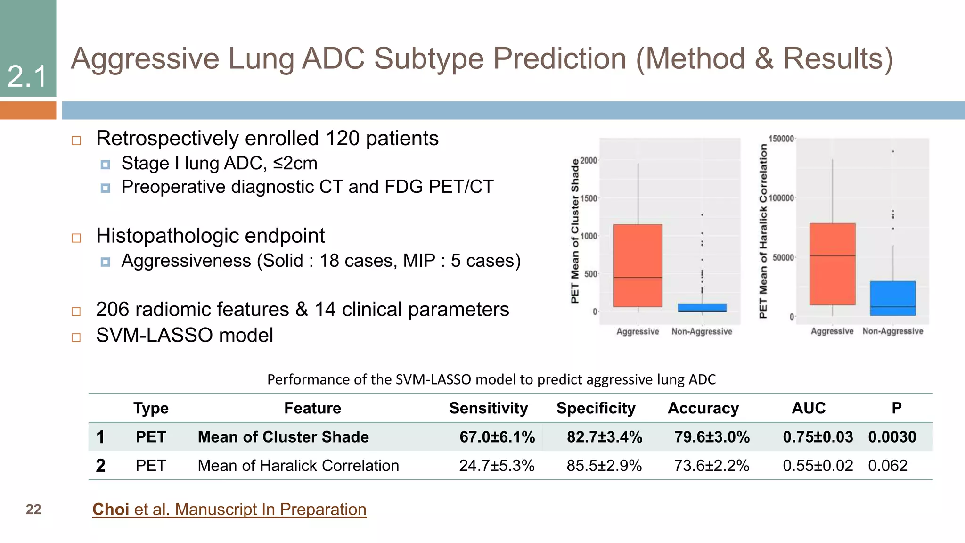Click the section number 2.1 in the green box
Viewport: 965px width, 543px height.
point(27,76)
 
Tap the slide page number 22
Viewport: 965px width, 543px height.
point(33,510)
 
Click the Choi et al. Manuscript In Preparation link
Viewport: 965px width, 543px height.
point(229,510)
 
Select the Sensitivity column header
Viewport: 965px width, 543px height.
point(488,408)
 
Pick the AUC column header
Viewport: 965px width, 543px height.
point(809,408)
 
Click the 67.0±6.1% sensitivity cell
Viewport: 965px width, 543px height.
point(497,437)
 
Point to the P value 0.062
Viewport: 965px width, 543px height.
point(888,466)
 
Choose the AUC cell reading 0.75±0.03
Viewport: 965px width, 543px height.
point(818,437)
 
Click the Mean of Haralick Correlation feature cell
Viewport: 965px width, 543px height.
point(298,466)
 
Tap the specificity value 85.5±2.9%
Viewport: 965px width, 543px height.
point(604,466)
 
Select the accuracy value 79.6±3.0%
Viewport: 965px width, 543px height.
point(711,437)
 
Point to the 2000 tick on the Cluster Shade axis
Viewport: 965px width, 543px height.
point(589,161)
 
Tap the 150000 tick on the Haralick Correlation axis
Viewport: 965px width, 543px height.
point(781,139)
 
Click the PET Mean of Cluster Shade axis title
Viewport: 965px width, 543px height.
point(575,231)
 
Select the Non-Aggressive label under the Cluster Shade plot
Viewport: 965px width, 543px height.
point(702,332)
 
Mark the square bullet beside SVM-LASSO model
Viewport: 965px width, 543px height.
point(76,337)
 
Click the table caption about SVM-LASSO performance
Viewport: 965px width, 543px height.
point(491,379)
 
